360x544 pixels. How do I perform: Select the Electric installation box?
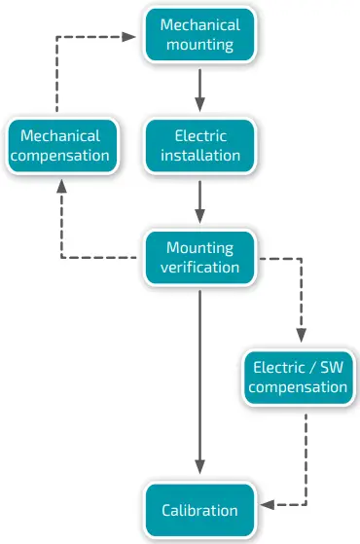[x=199, y=145]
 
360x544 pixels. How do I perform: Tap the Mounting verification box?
[x=199, y=257]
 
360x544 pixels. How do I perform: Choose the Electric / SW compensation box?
[x=297, y=378]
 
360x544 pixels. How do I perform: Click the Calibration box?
[x=199, y=510]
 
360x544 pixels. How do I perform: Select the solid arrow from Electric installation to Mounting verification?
[x=199, y=201]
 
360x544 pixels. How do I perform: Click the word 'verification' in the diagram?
[x=199, y=267]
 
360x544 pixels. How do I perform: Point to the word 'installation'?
[x=199, y=155]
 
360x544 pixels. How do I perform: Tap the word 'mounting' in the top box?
[x=199, y=44]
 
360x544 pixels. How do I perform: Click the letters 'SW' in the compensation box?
[x=331, y=368]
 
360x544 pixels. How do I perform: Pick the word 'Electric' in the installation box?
[x=199, y=135]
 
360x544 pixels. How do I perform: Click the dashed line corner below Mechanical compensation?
[x=61, y=258]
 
